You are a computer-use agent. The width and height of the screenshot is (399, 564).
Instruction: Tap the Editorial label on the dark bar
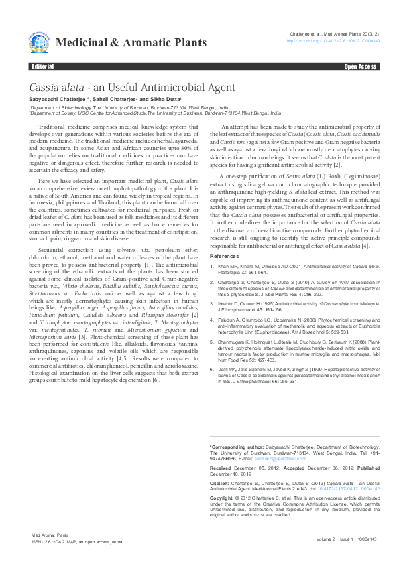(x=42, y=68)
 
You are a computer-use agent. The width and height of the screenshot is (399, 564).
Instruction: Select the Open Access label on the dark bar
(x=360, y=68)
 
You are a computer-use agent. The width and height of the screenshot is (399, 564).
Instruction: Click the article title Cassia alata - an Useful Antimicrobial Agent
(x=131, y=88)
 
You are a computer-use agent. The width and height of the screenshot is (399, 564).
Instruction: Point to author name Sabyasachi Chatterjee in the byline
(x=55, y=99)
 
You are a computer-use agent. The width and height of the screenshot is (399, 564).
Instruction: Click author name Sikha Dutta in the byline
(x=154, y=99)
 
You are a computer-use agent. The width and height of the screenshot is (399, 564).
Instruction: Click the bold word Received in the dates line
(x=221, y=468)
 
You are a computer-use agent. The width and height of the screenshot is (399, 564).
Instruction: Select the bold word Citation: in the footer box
(x=221, y=482)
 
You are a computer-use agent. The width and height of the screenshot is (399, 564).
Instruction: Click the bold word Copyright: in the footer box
(x=223, y=498)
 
